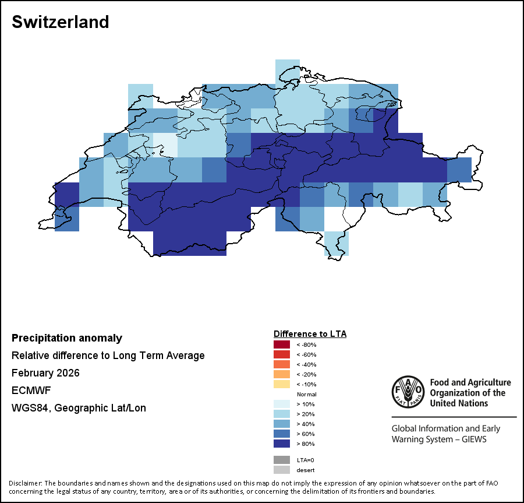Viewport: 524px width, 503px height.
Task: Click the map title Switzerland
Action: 60,22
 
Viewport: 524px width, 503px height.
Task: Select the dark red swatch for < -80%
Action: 281,344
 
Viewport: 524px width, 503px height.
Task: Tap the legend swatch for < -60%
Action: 281,354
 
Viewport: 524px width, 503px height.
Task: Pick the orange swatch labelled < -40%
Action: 281,364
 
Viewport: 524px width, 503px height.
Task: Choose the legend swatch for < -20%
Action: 281,374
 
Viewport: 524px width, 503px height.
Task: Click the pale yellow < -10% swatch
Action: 281,384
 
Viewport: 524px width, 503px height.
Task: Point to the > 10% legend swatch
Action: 281,404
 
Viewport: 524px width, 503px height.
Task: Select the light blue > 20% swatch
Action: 281,414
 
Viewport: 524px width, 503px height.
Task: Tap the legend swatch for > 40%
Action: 281,424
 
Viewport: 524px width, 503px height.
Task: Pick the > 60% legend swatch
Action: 281,434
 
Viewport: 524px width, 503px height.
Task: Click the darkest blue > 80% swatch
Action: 281,444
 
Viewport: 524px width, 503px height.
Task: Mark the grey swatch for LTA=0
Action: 281,460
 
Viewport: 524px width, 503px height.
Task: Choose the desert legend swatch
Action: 281,470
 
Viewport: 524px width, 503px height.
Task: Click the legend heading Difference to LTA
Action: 310,334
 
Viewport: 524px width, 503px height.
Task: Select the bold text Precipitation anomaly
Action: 67,338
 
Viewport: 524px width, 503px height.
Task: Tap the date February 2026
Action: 45,373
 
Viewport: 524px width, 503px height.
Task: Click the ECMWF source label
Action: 28,391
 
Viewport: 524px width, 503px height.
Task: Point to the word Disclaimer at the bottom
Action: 25,483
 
